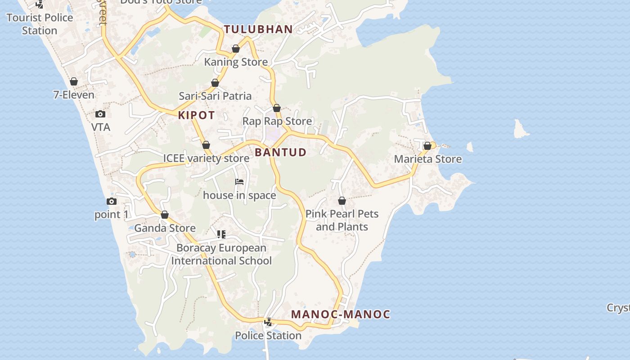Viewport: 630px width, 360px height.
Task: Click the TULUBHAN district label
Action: coord(258,30)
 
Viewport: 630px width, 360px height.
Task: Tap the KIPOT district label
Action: coord(197,115)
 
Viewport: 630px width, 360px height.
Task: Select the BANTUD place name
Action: coord(280,152)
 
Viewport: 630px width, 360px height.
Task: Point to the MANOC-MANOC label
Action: coord(341,314)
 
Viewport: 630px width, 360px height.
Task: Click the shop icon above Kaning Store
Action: coord(236,49)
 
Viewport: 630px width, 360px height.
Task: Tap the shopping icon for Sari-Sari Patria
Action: coord(215,83)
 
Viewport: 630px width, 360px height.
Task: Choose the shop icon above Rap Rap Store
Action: coord(277,108)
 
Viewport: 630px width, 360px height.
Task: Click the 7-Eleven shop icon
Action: coord(74,82)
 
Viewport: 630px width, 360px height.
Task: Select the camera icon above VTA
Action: coord(100,114)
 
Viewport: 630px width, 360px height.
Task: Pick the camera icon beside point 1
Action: coord(112,202)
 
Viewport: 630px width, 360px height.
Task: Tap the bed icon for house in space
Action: coord(239,182)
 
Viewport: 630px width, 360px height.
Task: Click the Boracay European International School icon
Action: coord(221,234)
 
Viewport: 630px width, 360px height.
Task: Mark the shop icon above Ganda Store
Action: coord(165,215)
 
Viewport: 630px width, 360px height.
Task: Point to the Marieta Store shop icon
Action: coord(427,146)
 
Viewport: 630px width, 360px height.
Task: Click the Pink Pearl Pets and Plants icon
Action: coord(342,201)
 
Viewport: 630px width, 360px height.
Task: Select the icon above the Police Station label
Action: coord(268,322)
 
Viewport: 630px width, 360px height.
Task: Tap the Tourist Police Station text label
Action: coord(40,24)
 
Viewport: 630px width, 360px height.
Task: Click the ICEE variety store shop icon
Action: coord(206,145)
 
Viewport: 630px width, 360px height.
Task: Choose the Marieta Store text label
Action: coord(427,159)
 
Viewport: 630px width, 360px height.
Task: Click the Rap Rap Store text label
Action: coord(277,121)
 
